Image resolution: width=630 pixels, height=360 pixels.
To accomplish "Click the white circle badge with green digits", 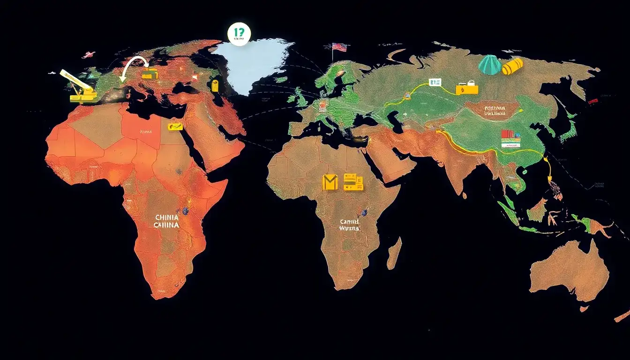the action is [239, 35].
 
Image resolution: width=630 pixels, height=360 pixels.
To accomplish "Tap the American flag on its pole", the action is [339, 47].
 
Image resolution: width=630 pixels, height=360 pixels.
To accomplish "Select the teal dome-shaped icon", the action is [489, 65].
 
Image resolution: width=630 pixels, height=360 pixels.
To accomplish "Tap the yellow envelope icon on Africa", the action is [330, 182].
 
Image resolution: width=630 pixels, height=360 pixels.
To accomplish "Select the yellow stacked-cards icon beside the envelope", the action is [353, 182].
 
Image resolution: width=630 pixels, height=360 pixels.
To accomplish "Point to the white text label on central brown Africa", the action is [349, 225].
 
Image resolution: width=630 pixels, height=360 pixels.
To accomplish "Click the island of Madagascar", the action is [394, 253].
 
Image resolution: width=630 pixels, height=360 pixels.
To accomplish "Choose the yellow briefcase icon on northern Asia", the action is [467, 88].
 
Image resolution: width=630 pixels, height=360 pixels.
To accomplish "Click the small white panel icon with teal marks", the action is [435, 82].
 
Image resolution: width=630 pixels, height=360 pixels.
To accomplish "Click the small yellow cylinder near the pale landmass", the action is [215, 85].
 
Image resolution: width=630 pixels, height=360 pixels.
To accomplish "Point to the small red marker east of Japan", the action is [593, 100].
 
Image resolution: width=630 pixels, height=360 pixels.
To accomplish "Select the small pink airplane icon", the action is [88, 55].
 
